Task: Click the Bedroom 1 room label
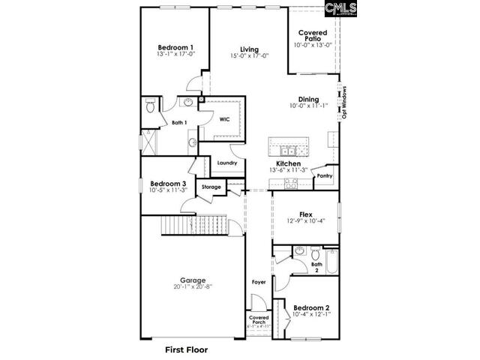(176, 47)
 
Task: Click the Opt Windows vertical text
(344, 102)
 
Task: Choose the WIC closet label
(224, 119)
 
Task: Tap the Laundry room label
(227, 163)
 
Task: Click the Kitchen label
(288, 163)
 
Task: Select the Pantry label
(325, 176)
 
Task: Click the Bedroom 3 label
(168, 184)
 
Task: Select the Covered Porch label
(259, 320)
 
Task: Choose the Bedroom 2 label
(311, 307)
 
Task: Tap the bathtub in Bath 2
(333, 263)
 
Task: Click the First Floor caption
(186, 349)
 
